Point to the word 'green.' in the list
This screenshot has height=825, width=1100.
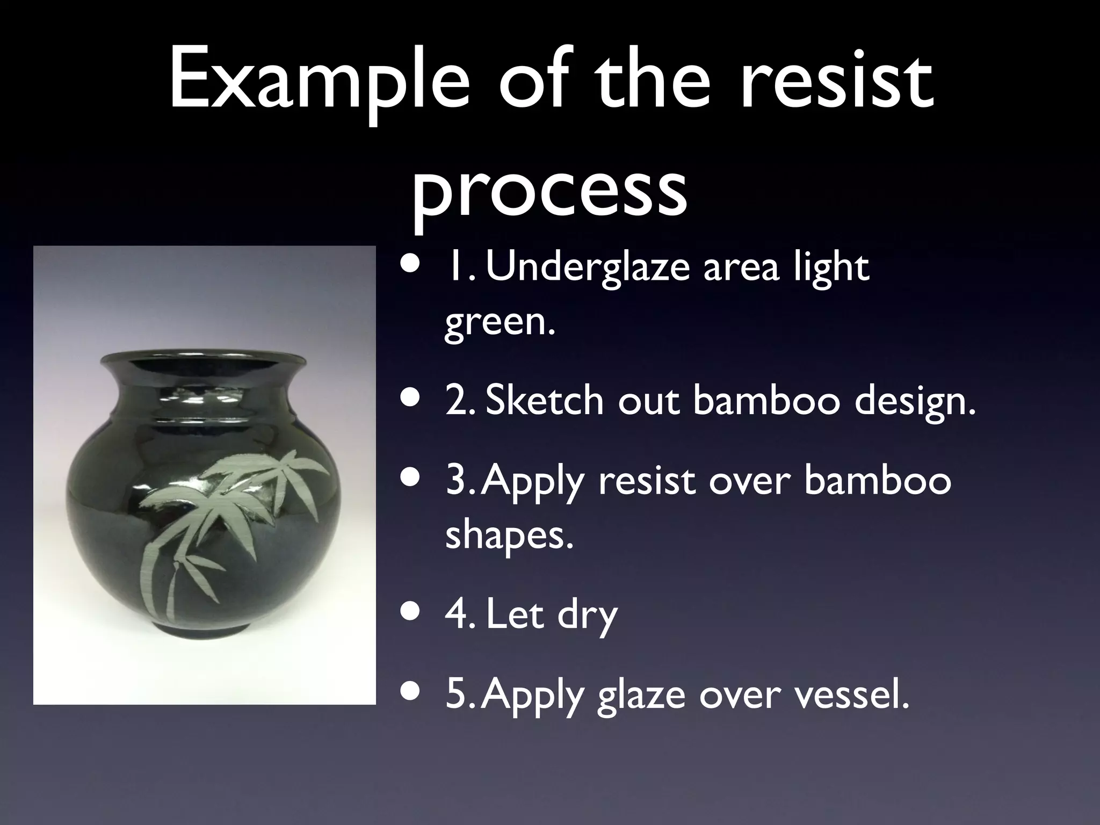pos(500,322)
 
